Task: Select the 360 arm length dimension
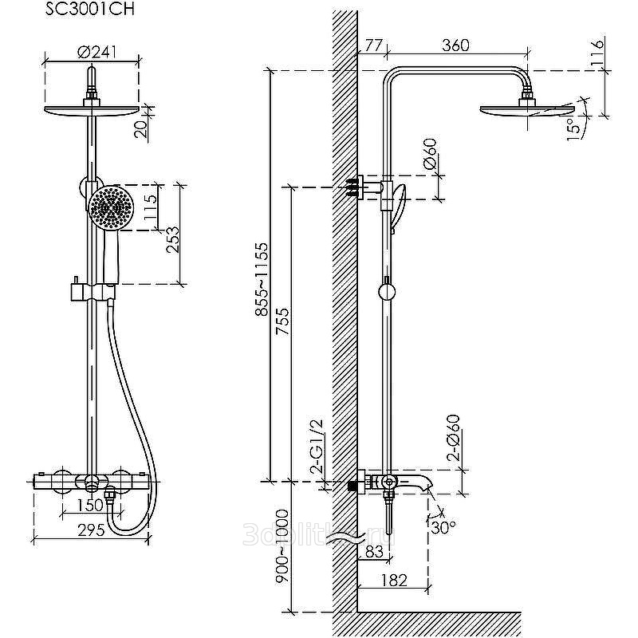[x=455, y=45]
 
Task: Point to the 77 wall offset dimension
[x=373, y=45]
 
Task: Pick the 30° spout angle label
[x=443, y=526]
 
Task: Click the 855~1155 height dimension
[x=262, y=291]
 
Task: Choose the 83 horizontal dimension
[x=374, y=549]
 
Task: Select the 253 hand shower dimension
[x=173, y=240]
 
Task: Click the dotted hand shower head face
[x=111, y=208]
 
